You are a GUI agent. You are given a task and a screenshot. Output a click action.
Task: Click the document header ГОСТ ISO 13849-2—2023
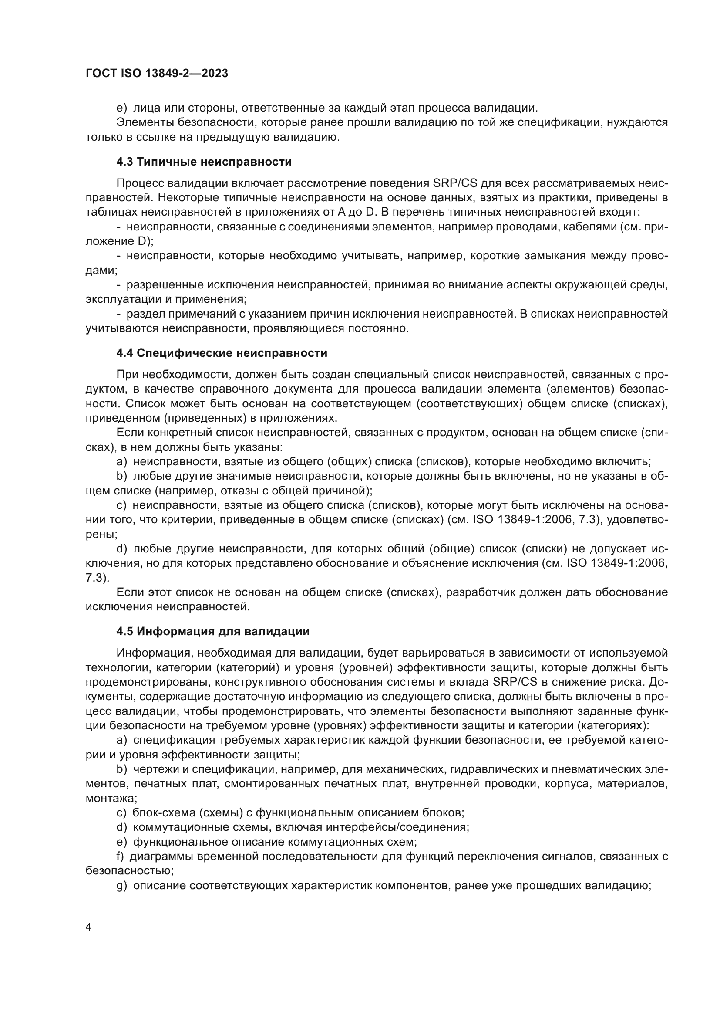click(157, 73)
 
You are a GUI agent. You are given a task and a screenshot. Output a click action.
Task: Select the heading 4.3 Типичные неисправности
click(204, 162)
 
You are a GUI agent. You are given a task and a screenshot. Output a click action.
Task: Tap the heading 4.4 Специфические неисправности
click(222, 353)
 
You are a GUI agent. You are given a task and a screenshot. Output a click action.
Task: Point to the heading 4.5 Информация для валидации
click(213, 631)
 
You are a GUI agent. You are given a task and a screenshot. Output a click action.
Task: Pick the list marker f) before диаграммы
click(120, 857)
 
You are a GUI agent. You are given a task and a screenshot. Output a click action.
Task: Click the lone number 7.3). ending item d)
click(97, 578)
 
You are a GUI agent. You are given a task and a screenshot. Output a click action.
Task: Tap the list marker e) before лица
click(121, 108)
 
